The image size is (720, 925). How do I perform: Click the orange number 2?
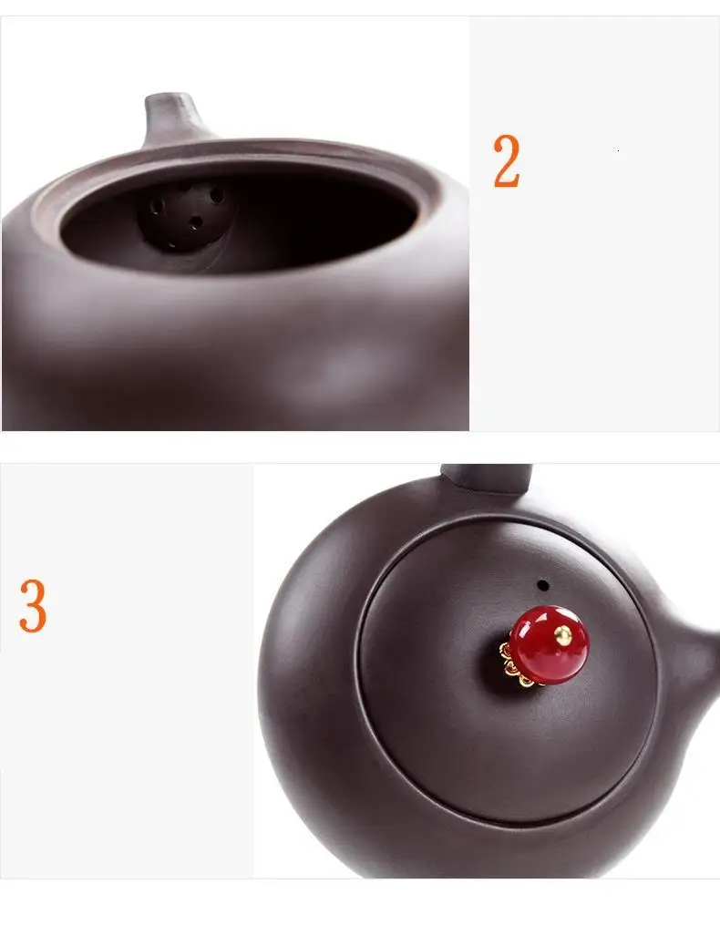tap(507, 160)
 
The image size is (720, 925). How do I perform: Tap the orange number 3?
tap(33, 606)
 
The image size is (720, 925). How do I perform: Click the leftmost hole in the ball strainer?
tap(157, 207)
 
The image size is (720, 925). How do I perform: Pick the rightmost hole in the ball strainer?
tap(217, 195)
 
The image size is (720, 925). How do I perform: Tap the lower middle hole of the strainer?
tap(196, 223)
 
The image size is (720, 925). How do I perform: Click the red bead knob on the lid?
tap(549, 644)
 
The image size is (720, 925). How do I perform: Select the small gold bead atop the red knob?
tap(563, 635)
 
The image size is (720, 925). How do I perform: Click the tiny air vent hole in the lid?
tap(542, 586)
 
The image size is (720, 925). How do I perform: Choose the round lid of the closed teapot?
tap(508, 671)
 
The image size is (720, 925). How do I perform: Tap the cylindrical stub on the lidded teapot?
tap(488, 478)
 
